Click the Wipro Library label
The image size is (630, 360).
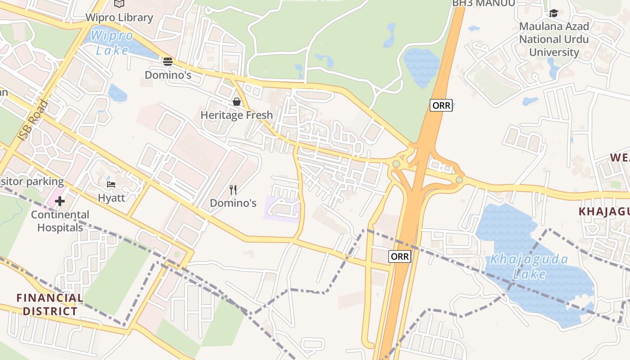(120, 18)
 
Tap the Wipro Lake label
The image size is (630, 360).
(112, 43)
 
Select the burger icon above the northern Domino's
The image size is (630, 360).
(168, 61)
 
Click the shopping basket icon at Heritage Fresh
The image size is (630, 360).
(237, 102)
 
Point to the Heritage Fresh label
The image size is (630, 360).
(237, 115)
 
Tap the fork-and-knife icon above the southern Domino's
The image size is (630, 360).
(233, 190)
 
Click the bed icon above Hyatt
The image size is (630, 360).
(111, 184)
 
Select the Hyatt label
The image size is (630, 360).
(111, 198)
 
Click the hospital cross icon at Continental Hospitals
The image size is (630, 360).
(60, 201)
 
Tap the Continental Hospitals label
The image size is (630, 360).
(60, 221)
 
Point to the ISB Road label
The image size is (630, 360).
(33, 120)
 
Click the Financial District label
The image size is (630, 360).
(50, 305)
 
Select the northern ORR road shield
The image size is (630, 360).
(441, 106)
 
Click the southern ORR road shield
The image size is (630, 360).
(400, 256)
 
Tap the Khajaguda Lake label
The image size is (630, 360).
(529, 266)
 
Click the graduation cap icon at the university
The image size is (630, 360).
(553, 13)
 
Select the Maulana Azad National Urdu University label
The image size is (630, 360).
(553, 39)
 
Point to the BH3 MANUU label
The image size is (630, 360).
(483, 4)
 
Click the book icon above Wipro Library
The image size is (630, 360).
(119, 4)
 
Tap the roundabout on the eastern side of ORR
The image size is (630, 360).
(459, 180)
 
